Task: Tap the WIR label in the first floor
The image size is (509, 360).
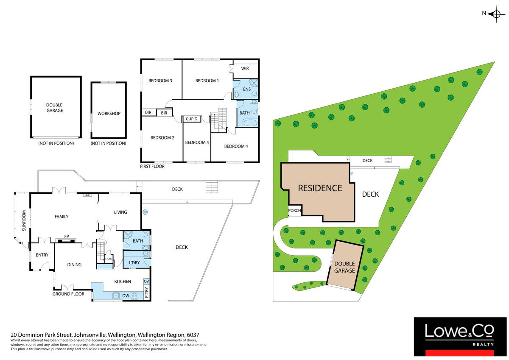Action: click(x=245, y=68)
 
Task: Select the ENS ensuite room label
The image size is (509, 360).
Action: click(x=247, y=89)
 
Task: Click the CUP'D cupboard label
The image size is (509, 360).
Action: click(x=192, y=119)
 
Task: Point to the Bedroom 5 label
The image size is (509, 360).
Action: click(x=197, y=142)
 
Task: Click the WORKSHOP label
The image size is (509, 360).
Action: click(x=109, y=114)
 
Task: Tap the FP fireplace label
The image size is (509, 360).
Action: click(x=67, y=237)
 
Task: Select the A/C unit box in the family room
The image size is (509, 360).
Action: click(x=87, y=195)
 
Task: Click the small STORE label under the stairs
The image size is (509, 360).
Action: click(x=109, y=259)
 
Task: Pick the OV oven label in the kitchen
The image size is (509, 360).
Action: click(x=146, y=281)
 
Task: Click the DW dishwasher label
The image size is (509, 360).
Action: click(x=126, y=296)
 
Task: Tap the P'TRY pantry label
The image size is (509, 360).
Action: click(x=147, y=292)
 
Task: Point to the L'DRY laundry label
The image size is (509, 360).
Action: click(x=134, y=262)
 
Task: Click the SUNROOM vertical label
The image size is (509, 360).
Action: click(x=24, y=220)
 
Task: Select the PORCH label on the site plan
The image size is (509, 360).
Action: click(x=294, y=211)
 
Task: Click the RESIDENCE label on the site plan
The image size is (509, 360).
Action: click(x=320, y=188)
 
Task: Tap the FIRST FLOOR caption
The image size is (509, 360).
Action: click(x=152, y=166)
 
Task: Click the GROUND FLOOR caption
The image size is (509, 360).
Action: click(x=68, y=294)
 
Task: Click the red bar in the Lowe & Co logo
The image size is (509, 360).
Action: click(x=460, y=353)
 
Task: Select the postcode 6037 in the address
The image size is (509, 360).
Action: click(x=193, y=335)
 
